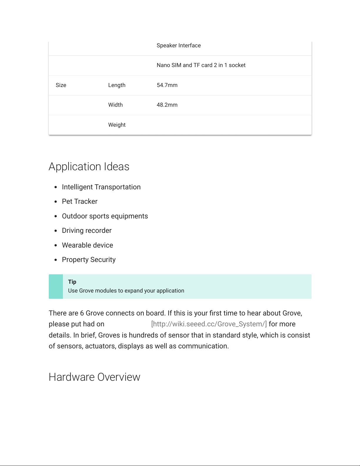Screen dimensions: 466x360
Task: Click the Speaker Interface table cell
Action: (x=179, y=46)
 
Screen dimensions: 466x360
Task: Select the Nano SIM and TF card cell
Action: (x=201, y=65)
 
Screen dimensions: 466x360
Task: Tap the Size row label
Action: (x=61, y=85)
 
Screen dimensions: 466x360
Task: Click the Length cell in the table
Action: (x=117, y=85)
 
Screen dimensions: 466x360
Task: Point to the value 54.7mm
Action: (x=167, y=85)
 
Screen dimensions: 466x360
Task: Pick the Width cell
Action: (x=115, y=105)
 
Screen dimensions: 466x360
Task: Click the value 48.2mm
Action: (x=167, y=105)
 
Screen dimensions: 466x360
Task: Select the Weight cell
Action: (x=117, y=125)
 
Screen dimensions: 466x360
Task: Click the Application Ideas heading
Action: (x=89, y=167)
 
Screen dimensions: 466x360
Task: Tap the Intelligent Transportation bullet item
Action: (x=101, y=187)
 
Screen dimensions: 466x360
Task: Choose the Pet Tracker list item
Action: (x=80, y=202)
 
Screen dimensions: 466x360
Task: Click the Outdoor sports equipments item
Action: (x=105, y=216)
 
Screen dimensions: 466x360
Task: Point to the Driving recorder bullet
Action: (x=87, y=231)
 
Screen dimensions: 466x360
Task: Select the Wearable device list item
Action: (x=87, y=245)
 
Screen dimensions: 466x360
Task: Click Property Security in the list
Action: (x=89, y=260)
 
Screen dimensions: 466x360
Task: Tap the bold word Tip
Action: (x=72, y=282)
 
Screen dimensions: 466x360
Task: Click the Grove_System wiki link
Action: (x=209, y=324)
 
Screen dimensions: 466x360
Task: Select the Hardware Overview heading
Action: (x=94, y=377)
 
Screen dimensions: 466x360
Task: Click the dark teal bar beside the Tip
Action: (x=56, y=287)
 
